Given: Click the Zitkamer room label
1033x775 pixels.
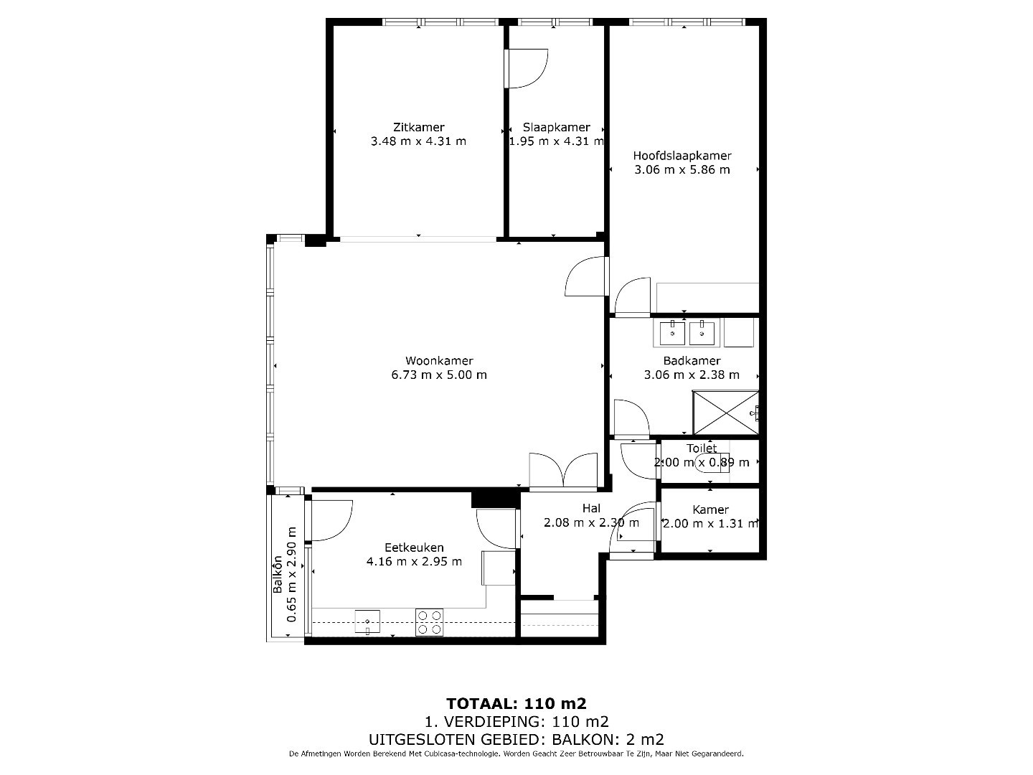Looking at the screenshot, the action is [418, 127].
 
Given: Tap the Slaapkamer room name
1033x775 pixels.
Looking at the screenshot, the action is [556, 127].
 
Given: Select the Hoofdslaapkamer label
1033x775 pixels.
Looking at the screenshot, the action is [682, 155].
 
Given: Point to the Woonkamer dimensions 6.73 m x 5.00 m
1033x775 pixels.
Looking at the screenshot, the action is [438, 375].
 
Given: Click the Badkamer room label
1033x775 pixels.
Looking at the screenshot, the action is [692, 360].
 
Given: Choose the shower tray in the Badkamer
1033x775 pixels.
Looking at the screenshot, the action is [726, 413].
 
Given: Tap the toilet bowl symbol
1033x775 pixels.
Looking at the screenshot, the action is [712, 463].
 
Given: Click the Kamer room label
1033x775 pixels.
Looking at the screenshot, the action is [710, 509].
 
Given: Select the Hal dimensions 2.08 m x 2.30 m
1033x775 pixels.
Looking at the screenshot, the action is [591, 522].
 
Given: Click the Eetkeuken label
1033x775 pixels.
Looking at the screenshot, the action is [414, 548].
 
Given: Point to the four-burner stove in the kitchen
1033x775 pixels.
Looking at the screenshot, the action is [429, 622].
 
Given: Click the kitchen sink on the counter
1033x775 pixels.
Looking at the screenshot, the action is [367, 622].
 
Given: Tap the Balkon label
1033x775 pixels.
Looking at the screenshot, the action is [278, 575].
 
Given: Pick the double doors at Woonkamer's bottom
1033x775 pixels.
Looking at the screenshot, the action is [563, 470].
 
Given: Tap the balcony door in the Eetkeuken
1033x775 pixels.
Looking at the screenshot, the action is [329, 520].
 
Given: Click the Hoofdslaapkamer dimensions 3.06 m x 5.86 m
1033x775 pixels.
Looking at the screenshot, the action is [682, 169].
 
